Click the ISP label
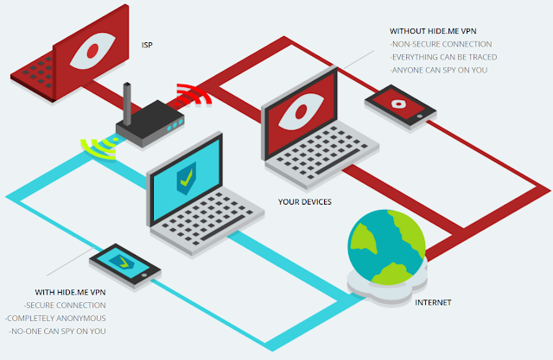[147, 45]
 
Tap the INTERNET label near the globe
[433, 302]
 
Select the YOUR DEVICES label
[305, 202]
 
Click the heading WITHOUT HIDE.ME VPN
[433, 31]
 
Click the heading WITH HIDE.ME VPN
[70, 293]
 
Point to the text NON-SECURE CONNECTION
[441, 44]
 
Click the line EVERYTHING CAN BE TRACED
[443, 57]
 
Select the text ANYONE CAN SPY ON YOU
[439, 70]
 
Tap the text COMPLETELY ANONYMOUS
[55, 319]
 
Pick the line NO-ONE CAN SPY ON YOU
[58, 332]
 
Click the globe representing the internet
[387, 247]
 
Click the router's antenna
[127, 104]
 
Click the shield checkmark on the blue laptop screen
[187, 178]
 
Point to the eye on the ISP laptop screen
[92, 51]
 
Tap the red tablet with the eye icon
[401, 105]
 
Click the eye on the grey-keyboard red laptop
[301, 111]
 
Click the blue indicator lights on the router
[175, 124]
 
